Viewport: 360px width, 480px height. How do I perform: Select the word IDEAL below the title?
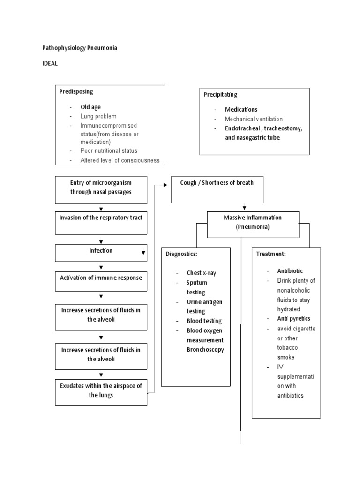[50, 64]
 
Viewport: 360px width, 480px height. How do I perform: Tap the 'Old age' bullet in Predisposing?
[90, 107]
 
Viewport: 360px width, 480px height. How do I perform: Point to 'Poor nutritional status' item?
[109, 151]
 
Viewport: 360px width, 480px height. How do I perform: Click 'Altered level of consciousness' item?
[120, 160]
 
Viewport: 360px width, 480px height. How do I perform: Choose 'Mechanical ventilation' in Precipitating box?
[254, 119]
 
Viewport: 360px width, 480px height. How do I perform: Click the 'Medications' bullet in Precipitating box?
[241, 110]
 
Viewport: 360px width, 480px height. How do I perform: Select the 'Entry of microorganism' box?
[101, 189]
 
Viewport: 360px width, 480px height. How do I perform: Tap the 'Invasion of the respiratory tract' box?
[101, 223]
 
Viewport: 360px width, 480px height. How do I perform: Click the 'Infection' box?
[101, 253]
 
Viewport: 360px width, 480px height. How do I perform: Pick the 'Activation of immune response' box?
[101, 282]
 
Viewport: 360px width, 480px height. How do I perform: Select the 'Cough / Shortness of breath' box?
[217, 189]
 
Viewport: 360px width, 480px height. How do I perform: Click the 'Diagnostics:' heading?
[181, 254]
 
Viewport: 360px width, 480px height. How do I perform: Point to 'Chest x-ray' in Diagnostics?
[202, 273]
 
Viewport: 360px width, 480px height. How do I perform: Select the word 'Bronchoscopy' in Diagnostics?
[205, 349]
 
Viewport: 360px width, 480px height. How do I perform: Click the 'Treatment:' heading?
[271, 254]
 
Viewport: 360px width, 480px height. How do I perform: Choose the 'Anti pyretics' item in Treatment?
[293, 319]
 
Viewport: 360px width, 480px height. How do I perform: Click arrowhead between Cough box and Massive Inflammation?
[244, 208]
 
